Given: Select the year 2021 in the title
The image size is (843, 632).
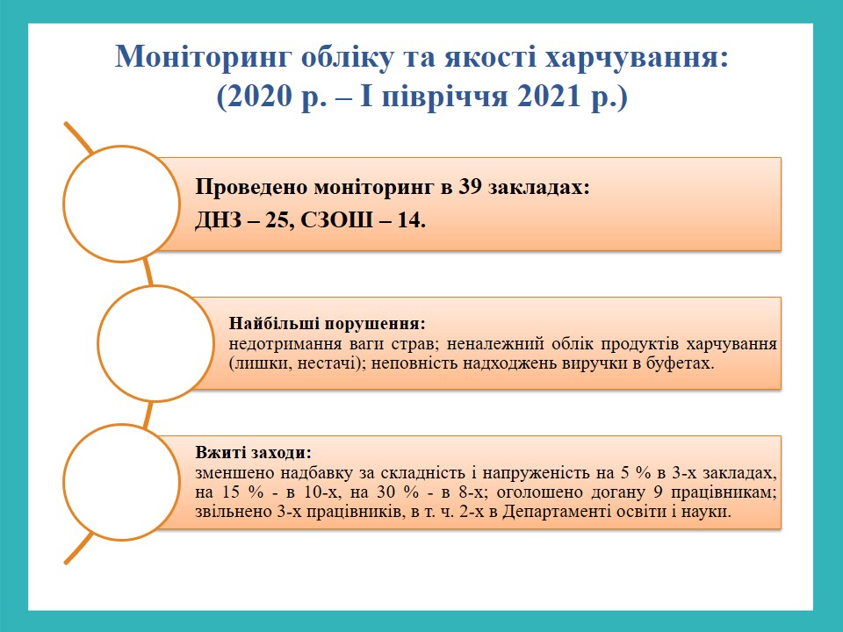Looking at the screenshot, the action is [x=550, y=97].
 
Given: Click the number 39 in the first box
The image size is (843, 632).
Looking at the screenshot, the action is [x=471, y=188].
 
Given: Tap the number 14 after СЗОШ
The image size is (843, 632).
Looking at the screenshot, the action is [x=410, y=220].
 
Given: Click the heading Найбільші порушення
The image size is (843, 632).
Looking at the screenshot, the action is [x=328, y=324].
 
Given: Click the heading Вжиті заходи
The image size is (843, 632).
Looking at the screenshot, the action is [x=253, y=453].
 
